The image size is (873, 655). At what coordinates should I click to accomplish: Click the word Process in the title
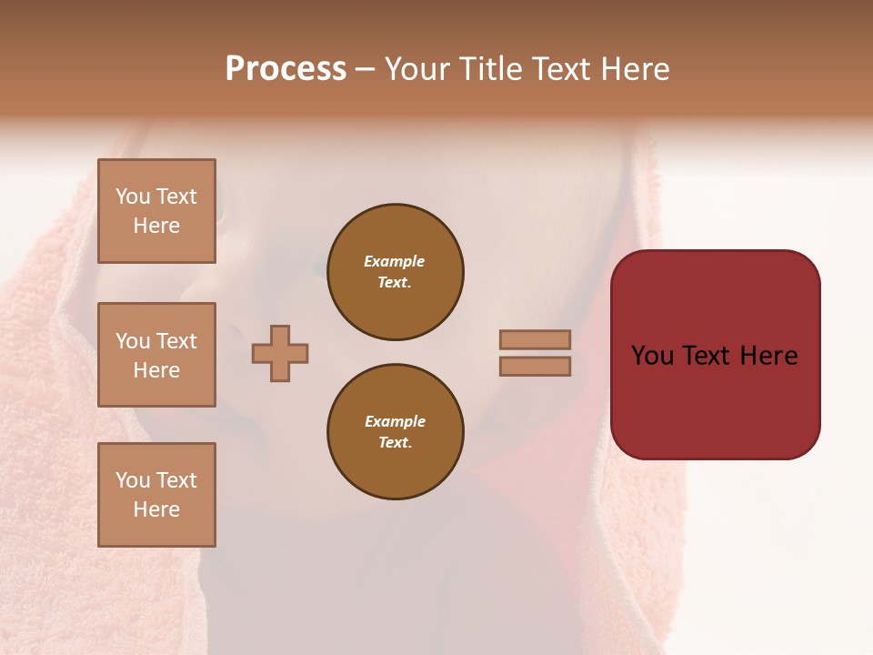[286, 69]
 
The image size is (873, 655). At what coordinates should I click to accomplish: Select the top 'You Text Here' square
[156, 211]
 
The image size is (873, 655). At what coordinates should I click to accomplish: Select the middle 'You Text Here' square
[156, 355]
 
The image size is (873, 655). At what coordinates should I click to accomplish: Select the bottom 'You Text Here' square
[156, 494]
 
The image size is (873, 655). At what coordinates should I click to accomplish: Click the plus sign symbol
[280, 353]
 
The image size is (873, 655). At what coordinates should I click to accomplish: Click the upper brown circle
[395, 272]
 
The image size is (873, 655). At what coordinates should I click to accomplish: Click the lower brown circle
[395, 432]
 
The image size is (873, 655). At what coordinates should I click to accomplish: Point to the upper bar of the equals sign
[535, 339]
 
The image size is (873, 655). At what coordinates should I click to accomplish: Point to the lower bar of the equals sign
[535, 366]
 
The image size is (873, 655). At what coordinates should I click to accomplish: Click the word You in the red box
[653, 356]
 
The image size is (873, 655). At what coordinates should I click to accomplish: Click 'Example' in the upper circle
[395, 262]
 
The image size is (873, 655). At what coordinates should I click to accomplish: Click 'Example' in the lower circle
[395, 422]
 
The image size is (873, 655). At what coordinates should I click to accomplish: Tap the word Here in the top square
[156, 226]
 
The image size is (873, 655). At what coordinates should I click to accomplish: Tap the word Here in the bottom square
[156, 509]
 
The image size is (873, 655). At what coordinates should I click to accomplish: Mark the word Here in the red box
[768, 356]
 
